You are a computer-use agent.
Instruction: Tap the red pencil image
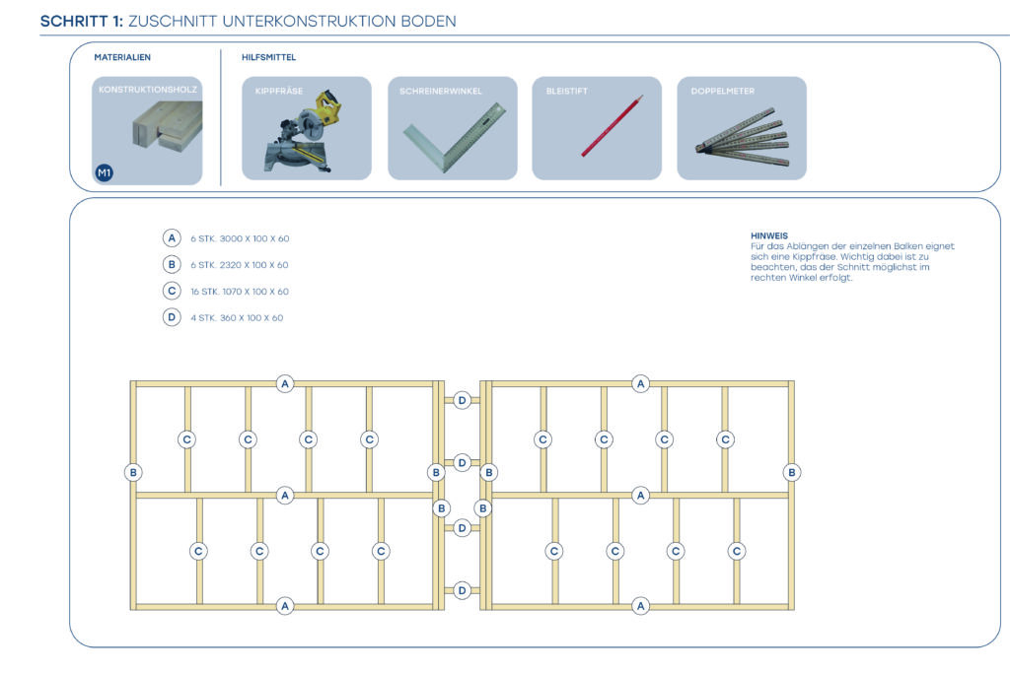click(612, 126)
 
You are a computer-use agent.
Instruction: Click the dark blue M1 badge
click(105, 173)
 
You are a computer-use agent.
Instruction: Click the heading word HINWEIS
click(769, 236)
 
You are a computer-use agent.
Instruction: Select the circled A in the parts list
click(172, 238)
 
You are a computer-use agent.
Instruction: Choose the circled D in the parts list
click(172, 317)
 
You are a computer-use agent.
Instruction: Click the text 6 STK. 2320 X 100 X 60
click(240, 265)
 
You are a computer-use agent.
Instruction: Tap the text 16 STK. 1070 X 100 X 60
click(240, 292)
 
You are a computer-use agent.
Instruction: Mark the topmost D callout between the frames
click(462, 400)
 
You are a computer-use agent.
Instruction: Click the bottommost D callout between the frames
click(462, 590)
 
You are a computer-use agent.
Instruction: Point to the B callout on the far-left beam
click(133, 472)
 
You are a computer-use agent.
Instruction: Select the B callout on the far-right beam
click(791, 472)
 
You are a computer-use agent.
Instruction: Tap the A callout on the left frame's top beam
click(285, 383)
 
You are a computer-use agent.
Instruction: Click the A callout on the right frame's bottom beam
click(641, 606)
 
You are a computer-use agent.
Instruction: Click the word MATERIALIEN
click(122, 58)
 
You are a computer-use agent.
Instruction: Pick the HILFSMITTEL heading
click(268, 58)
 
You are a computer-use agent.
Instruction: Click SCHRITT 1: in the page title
click(82, 21)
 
